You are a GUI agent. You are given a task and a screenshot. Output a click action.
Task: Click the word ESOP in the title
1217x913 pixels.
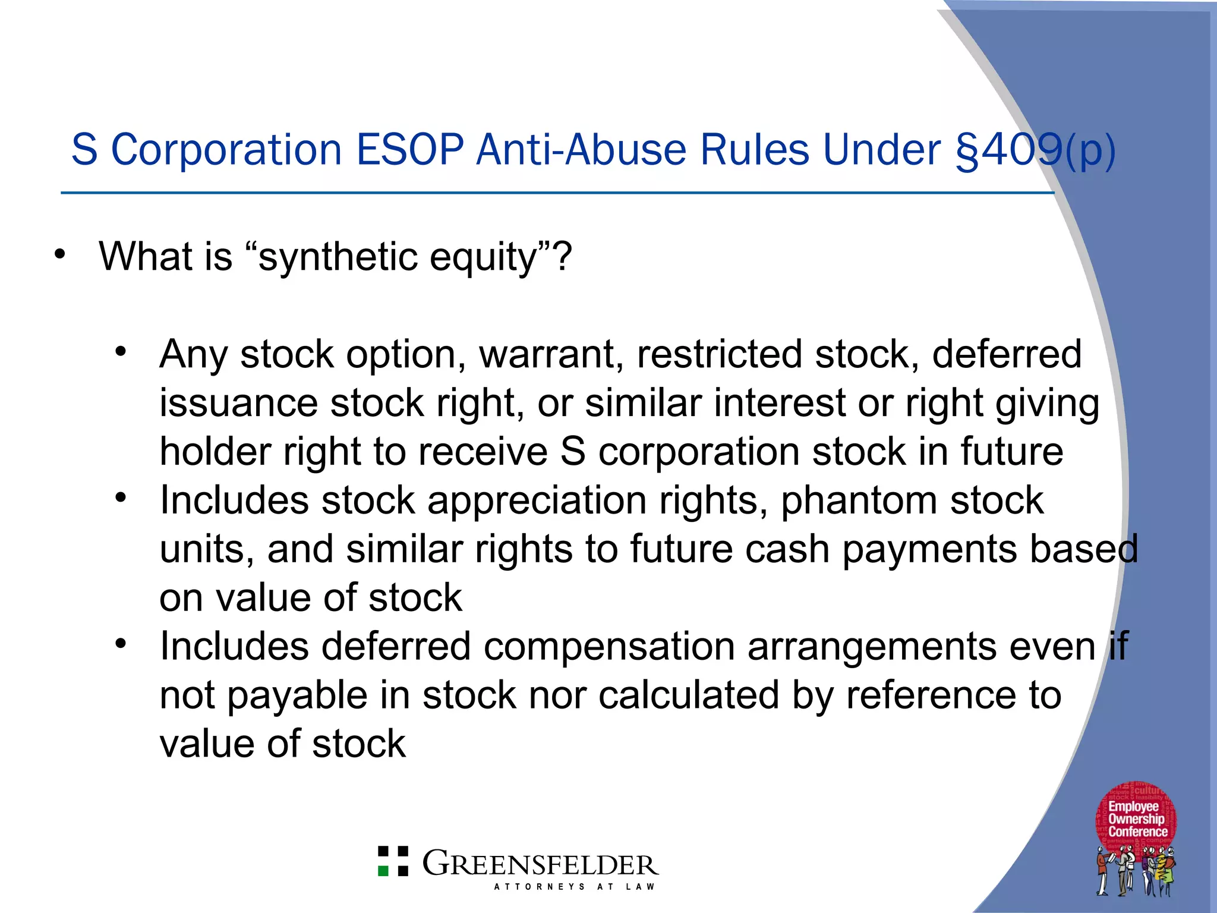tap(409, 150)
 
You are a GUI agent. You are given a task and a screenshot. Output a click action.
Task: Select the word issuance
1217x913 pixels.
tap(238, 404)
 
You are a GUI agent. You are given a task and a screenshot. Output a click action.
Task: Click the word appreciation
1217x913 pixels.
tap(537, 501)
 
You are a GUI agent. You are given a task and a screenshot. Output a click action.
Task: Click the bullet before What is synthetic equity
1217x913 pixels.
tap(59, 254)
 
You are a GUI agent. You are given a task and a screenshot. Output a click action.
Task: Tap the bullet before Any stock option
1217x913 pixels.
tap(121, 352)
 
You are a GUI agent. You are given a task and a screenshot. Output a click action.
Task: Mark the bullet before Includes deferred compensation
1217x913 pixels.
tap(121, 644)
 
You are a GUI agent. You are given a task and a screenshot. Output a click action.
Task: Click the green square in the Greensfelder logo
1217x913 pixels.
tap(384, 871)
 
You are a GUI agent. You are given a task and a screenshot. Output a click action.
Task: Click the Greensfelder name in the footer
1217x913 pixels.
tap(540, 864)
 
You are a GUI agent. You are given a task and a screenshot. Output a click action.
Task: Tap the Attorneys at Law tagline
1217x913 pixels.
tap(574, 887)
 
